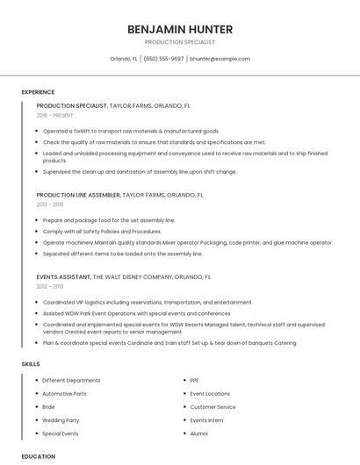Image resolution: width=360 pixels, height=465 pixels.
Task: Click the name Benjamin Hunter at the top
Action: (179, 29)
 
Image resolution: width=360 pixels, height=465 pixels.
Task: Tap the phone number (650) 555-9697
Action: (163, 59)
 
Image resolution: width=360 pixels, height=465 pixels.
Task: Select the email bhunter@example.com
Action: (220, 59)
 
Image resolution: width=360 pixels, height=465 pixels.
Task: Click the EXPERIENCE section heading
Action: (38, 92)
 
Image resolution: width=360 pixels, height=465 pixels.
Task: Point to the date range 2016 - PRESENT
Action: (55, 115)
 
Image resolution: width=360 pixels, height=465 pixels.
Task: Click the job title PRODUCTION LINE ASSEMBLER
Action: (78, 195)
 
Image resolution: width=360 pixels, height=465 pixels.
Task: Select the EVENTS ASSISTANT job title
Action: (63, 276)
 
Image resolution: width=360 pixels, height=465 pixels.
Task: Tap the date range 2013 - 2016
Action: (50, 204)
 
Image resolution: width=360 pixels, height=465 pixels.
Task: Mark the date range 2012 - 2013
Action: (50, 286)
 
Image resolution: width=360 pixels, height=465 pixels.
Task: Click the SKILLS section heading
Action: (31, 363)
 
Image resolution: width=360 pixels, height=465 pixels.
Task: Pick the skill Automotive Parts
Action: (64, 394)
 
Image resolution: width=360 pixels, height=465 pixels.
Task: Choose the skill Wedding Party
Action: (61, 420)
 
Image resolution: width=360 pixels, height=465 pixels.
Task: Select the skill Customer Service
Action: (212, 407)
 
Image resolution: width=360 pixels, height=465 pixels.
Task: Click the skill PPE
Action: (194, 381)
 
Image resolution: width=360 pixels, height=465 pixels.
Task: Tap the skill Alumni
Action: (198, 433)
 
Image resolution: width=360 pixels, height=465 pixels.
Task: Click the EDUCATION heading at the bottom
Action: (38, 456)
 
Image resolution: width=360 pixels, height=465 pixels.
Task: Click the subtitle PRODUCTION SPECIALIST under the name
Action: (179, 42)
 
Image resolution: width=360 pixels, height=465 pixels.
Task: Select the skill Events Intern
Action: (206, 420)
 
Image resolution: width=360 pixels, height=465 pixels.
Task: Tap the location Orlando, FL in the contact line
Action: (124, 59)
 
